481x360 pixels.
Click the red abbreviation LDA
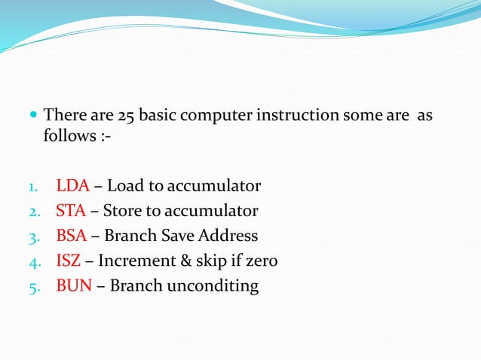point(72,186)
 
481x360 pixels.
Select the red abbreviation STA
point(71,211)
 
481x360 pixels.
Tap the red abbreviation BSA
point(72,236)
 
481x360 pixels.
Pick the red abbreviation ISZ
point(69,261)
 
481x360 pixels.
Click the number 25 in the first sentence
point(126,116)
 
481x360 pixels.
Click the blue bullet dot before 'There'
point(33,117)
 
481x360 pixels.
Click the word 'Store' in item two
point(124,211)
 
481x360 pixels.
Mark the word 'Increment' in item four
point(136,261)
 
